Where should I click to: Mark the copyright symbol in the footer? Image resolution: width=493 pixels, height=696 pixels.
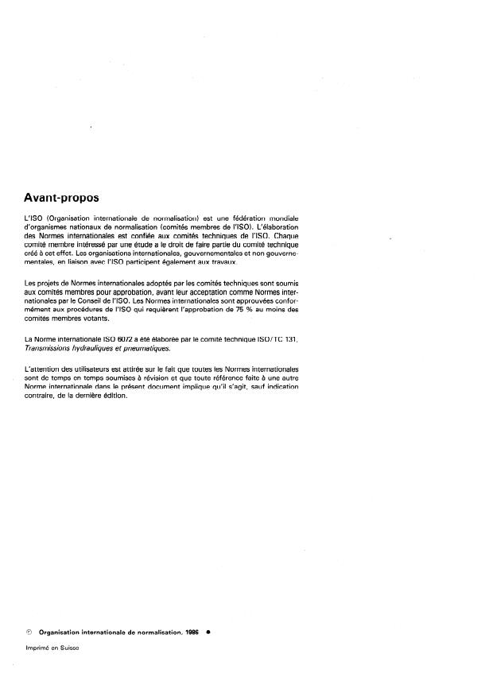[x=29, y=632]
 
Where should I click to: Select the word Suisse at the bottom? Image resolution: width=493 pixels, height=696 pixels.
[x=78, y=648]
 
